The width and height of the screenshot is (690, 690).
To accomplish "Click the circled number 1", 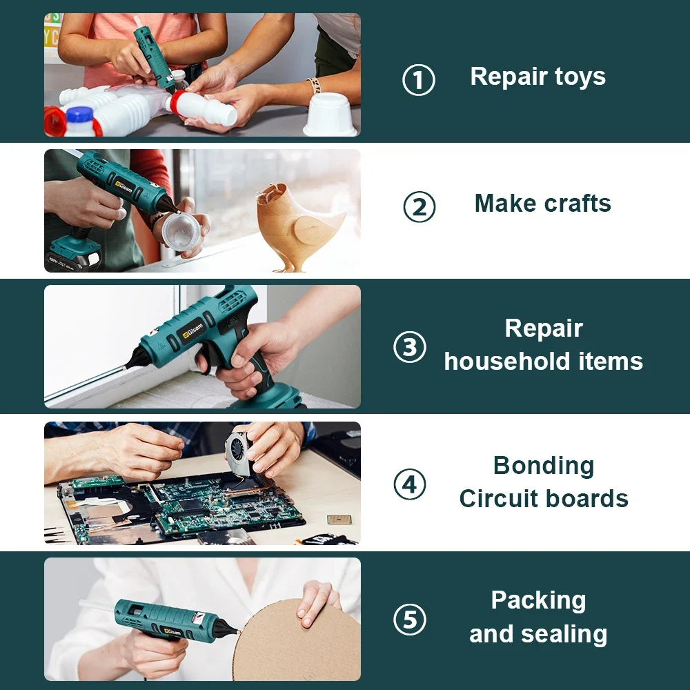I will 419,80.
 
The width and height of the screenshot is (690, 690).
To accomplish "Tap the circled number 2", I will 419,207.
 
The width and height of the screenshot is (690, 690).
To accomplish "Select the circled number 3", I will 410,347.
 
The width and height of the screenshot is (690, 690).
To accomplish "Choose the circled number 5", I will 410,619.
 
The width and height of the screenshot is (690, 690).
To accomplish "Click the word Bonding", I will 543,466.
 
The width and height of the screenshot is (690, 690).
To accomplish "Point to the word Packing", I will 538,600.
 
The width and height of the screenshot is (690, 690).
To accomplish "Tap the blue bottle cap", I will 79,116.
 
